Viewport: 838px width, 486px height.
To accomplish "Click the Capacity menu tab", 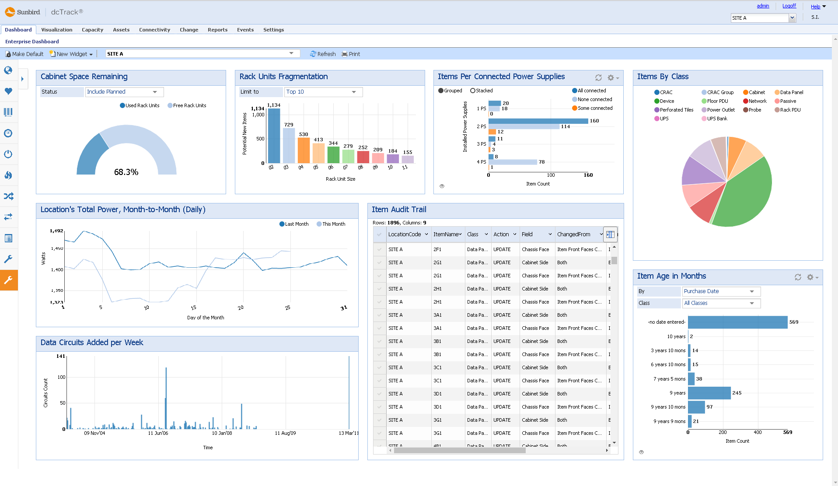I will pos(92,30).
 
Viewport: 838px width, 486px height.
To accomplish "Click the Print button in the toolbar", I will pos(351,54).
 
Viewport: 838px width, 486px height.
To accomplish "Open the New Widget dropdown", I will pos(72,54).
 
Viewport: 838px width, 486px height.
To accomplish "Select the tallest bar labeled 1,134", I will pos(274,136).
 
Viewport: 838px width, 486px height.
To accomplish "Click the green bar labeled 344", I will pos(333,155).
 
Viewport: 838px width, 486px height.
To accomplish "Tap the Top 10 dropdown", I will pos(323,92).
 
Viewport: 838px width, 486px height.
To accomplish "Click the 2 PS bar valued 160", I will pos(538,121).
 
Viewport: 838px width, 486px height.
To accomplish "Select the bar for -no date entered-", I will pos(737,322).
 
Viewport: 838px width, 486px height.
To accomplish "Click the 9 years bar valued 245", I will pos(709,393).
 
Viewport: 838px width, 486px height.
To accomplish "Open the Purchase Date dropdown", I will pos(721,291).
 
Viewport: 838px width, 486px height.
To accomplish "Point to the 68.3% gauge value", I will pos(126,172).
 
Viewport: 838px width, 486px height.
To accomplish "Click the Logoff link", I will pos(789,6).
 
